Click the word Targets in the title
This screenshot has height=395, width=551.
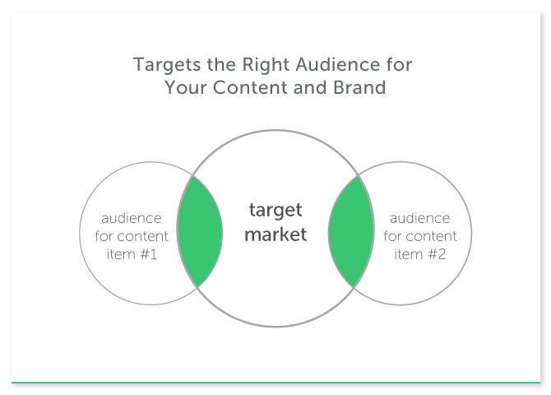tap(167, 65)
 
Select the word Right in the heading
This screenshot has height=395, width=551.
tap(266, 66)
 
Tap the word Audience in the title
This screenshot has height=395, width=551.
tap(338, 64)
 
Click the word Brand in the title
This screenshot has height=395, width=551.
tap(359, 87)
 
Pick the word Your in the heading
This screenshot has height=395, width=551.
tap(186, 87)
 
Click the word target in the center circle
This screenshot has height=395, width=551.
tap(275, 211)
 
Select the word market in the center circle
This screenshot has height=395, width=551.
tap(275, 235)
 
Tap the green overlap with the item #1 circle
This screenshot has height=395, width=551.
tap(200, 232)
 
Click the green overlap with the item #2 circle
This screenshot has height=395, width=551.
tap(350, 232)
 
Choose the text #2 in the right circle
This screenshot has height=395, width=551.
tap(437, 254)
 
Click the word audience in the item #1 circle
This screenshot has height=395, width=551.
tap(132, 218)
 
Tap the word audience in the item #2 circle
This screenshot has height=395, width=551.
tap(420, 218)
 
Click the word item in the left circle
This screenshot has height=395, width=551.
tap(121, 254)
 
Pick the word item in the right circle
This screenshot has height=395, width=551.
tap(409, 254)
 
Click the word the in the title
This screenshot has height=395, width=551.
tap(221, 64)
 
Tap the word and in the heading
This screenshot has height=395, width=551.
tap(310, 87)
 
